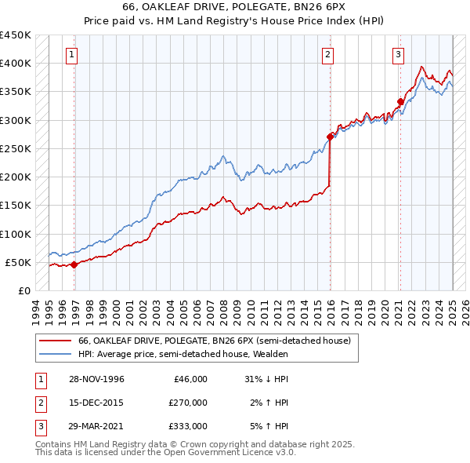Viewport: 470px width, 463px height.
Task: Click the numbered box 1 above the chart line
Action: [71, 54]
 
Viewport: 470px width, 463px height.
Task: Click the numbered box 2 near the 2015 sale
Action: [327, 54]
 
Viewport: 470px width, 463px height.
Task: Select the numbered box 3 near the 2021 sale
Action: [398, 54]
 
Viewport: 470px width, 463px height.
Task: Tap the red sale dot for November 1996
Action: [74, 264]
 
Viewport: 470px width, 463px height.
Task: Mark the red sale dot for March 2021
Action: [400, 101]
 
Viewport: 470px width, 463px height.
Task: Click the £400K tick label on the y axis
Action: [16, 63]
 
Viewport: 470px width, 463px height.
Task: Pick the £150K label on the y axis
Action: [16, 205]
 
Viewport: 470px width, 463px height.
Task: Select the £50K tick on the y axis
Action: [19, 262]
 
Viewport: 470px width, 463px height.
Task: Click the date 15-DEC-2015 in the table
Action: [97, 403]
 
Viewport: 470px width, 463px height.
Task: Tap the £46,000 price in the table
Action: [189, 379]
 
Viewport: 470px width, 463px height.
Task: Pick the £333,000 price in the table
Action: [189, 426]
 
